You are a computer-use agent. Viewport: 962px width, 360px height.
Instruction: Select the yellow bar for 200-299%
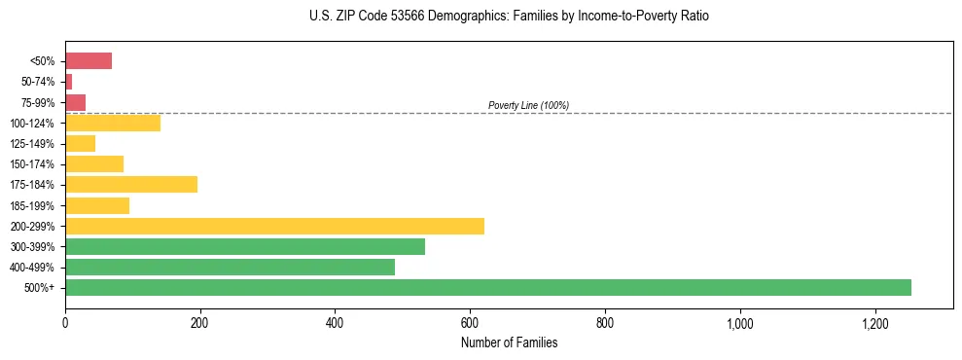pos(274,226)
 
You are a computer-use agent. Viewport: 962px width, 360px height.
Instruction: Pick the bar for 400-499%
pos(230,267)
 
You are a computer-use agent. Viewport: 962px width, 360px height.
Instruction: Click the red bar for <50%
pos(89,61)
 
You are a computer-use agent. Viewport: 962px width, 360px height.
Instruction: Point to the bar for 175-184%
pos(131,185)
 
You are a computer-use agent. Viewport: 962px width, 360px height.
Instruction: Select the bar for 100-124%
pos(113,123)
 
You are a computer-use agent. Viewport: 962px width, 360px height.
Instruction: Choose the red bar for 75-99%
pos(76,102)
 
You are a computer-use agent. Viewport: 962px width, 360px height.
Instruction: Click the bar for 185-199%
pos(97,205)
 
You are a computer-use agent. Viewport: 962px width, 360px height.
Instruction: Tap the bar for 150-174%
pos(94,164)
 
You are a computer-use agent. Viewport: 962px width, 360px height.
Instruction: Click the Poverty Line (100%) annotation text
pos(528,105)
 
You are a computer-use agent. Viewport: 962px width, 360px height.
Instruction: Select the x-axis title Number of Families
pos(509,342)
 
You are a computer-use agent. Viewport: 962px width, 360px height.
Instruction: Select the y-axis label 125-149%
pos(33,144)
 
